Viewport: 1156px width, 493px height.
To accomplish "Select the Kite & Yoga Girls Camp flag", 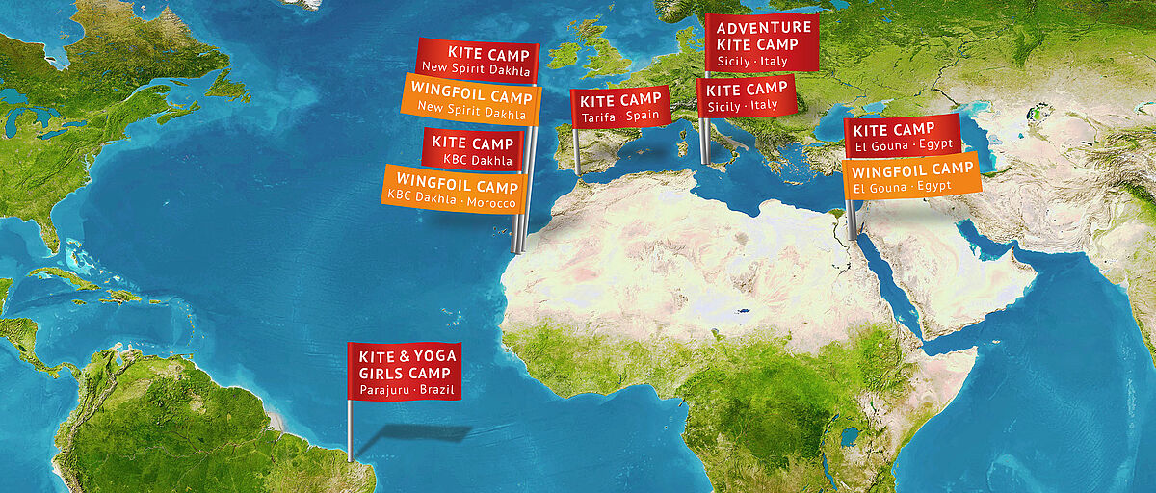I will coord(404,371).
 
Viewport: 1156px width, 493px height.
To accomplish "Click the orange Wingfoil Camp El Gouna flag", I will coord(911,176).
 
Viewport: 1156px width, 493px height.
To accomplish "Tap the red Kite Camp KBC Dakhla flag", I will coord(472,150).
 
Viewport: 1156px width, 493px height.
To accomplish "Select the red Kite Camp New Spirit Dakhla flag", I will coord(478,62).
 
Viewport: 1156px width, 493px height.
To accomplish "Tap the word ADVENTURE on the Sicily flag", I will coord(764,27).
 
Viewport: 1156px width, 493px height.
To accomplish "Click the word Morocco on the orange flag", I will coord(490,204).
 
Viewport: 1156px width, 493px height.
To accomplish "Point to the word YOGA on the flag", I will coord(433,356).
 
